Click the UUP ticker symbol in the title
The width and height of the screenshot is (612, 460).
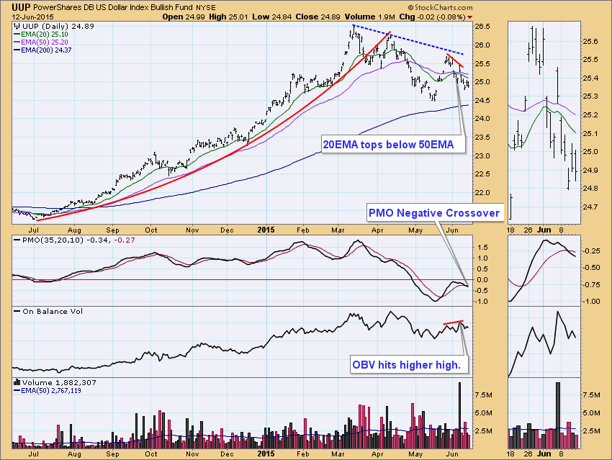point(20,6)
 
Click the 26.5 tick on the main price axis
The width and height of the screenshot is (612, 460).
point(483,27)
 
